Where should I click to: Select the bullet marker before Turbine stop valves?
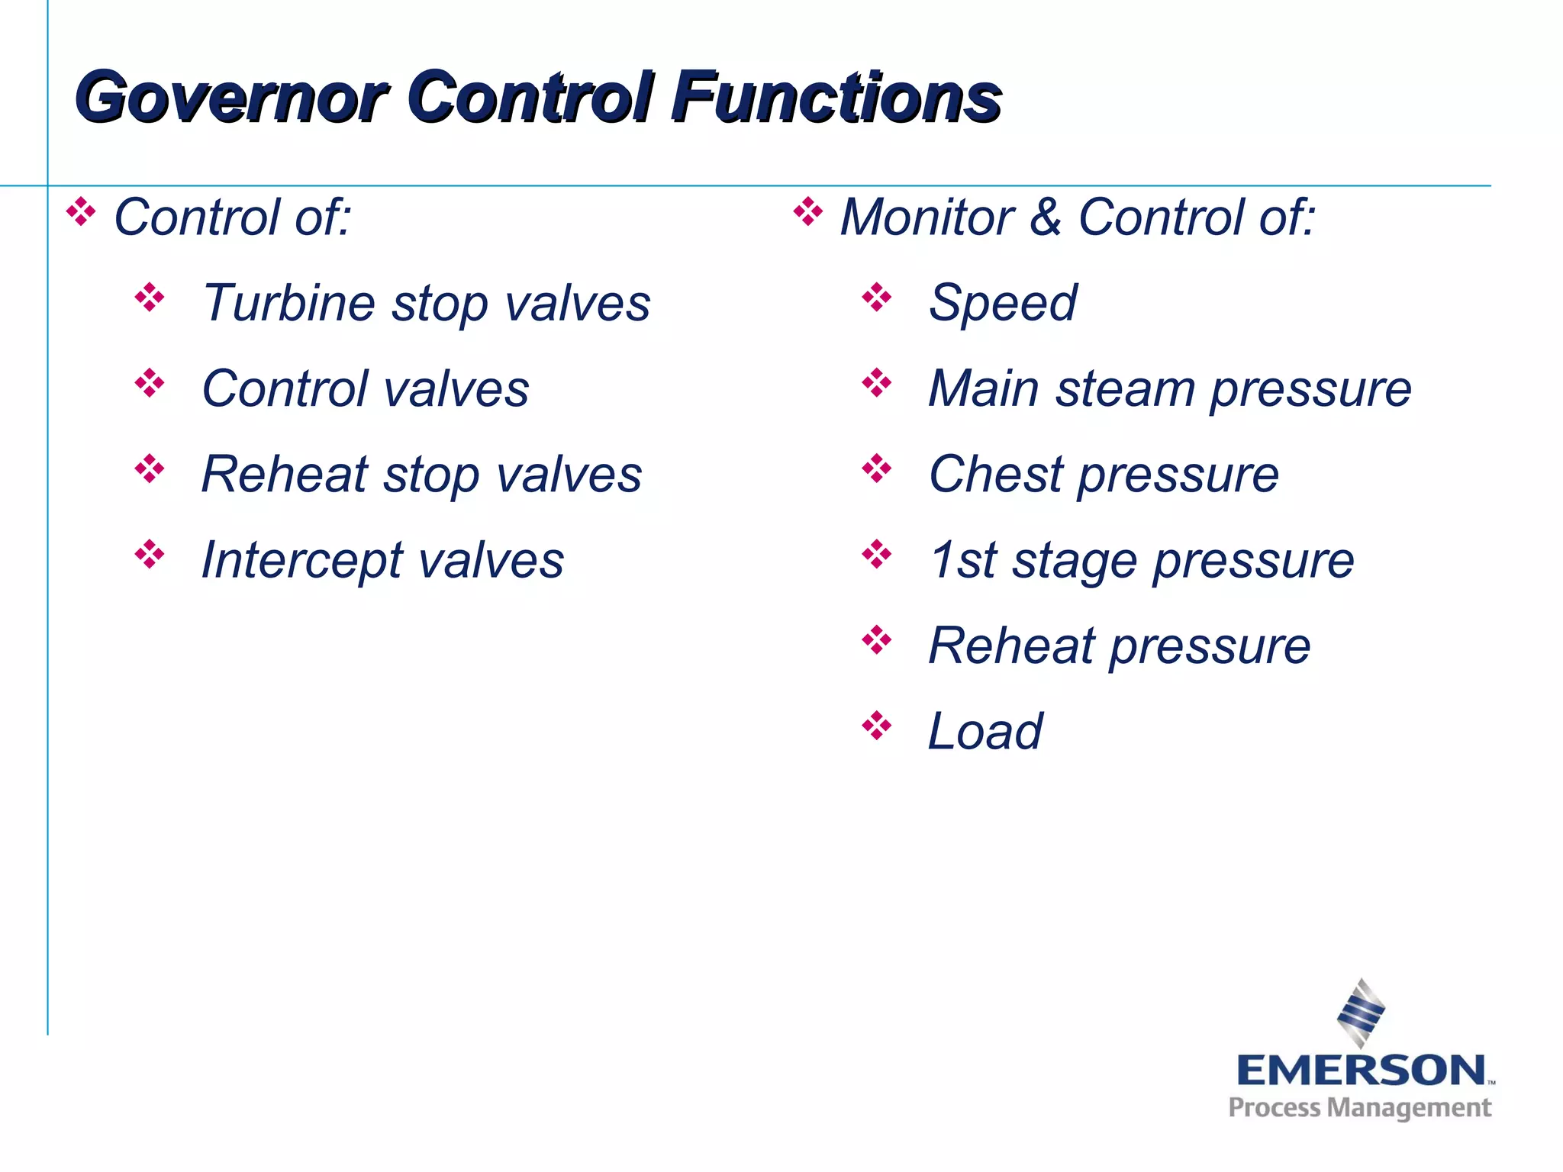[x=150, y=298]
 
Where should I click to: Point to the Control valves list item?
[x=365, y=389]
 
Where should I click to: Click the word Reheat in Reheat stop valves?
[x=285, y=475]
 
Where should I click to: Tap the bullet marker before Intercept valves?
[x=150, y=555]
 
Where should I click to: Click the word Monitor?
[x=927, y=217]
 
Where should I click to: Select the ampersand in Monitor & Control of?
[x=1045, y=217]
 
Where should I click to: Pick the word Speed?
[x=1002, y=304]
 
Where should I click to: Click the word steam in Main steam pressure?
[x=1125, y=389]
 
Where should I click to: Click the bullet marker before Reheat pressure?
[x=876, y=640]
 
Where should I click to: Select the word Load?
[x=985, y=732]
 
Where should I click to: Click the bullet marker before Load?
[x=876, y=726]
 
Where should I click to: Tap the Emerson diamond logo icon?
[x=1361, y=1013]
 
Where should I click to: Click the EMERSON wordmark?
[x=1361, y=1071]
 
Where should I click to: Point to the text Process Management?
[x=1359, y=1108]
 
